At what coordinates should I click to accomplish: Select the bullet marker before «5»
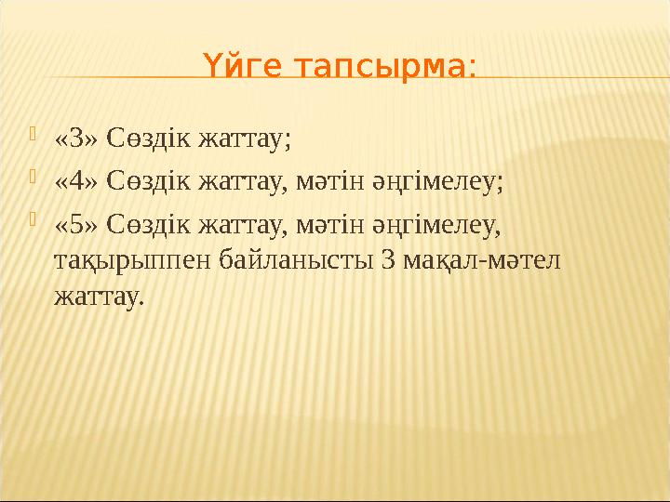click(34, 222)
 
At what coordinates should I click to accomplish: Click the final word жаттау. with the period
click(100, 297)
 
